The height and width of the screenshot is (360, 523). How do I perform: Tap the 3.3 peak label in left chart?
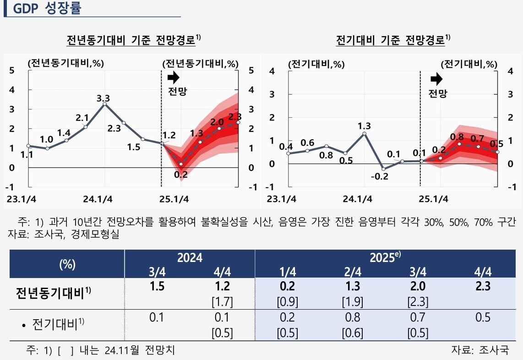(103, 98)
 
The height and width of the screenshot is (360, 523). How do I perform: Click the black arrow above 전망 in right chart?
(436, 79)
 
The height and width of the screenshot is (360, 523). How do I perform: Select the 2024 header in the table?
(190, 258)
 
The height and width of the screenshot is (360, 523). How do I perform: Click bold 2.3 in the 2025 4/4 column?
(483, 287)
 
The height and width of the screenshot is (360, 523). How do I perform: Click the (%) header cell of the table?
(67, 264)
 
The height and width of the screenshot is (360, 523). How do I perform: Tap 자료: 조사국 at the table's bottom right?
(480, 351)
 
